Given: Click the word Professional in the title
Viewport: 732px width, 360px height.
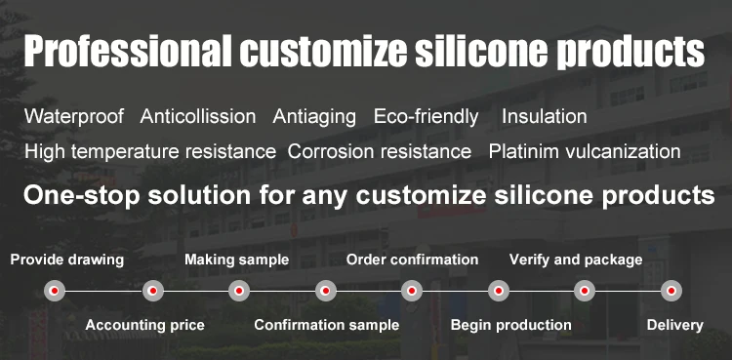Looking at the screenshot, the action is coord(128,50).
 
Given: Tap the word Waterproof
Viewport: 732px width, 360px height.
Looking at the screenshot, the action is coord(74,117).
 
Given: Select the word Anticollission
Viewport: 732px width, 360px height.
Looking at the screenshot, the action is coord(198,116).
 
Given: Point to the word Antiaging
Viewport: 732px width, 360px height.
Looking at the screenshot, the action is coord(314,117).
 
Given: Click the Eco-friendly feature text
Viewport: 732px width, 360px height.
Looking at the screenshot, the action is coord(426,117).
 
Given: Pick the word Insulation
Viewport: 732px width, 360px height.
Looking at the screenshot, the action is coord(545,116).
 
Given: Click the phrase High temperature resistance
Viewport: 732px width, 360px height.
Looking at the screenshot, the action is coord(150,152).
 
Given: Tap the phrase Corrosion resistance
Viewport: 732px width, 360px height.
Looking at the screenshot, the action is coord(380,152).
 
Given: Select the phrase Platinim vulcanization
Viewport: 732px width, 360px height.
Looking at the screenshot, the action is coord(585,152).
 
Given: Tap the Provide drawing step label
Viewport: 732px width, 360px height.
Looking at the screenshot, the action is coord(67,260).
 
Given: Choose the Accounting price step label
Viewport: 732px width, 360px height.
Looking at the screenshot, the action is coord(145,325).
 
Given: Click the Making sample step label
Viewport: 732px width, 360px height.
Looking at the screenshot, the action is coord(237,260).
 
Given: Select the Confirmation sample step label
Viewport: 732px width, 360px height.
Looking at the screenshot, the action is coord(327,325).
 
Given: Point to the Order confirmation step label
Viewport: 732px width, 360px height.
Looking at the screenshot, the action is coord(412,260).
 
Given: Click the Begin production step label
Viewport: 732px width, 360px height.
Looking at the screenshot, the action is coord(511,325).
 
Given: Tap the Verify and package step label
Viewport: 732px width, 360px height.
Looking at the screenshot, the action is coord(576,260).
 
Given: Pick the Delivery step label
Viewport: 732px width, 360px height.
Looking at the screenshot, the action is coord(675,325).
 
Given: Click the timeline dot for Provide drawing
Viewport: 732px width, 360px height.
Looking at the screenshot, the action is coord(55,291).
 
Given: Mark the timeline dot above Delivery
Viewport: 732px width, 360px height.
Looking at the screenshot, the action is coord(671,291).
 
